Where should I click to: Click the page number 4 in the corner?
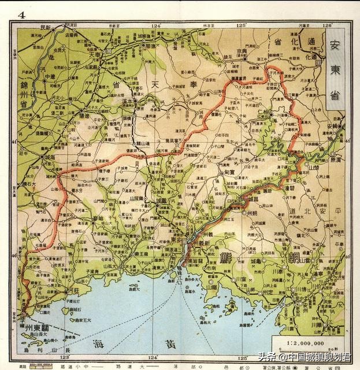21,14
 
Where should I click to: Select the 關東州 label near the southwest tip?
37,328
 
